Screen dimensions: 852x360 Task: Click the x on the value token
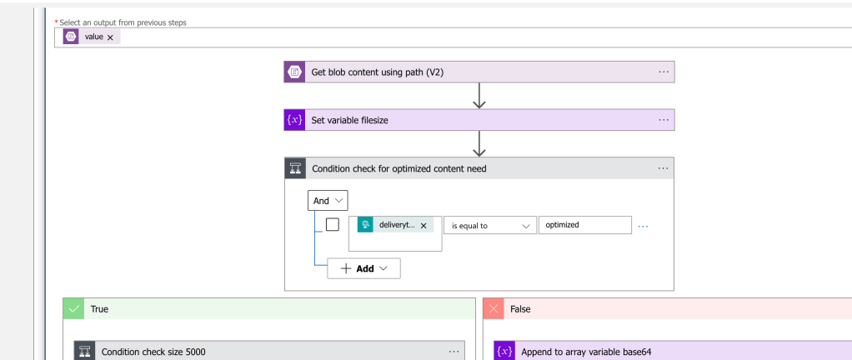coord(110,37)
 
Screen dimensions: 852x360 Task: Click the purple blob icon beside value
coord(71,37)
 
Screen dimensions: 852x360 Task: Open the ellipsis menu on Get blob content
coord(664,72)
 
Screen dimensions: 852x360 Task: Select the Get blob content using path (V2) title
coord(377,72)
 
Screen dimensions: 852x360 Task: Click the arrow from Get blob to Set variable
coord(479,96)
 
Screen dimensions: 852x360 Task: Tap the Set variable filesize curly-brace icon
coord(294,120)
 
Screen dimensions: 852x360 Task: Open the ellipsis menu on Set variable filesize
coord(664,120)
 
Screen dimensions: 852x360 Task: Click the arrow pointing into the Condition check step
coord(479,144)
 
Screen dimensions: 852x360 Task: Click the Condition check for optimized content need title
coord(398,169)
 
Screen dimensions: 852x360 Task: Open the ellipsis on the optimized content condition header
coord(663,168)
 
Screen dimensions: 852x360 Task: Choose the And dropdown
coord(328,200)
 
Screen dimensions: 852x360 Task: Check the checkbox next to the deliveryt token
coord(332,224)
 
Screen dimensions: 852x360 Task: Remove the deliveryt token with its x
coord(423,225)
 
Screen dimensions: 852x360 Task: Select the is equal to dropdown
coord(490,225)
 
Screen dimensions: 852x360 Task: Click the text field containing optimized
coord(584,225)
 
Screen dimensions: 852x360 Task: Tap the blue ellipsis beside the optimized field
coord(643,226)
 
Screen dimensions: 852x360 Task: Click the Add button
coord(363,268)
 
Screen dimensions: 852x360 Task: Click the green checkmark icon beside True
coord(73,308)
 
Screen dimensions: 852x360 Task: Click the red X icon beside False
coord(494,308)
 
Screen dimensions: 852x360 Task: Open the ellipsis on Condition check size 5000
coord(454,352)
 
